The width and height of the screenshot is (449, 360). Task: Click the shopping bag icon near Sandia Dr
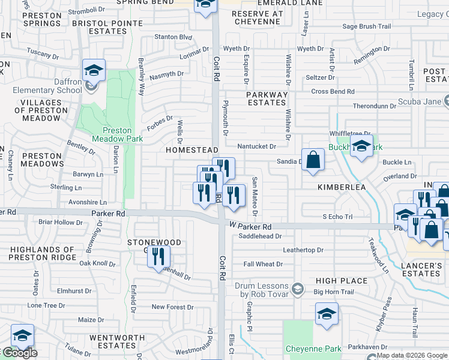coord(313,160)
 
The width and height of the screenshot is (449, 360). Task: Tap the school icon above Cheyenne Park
coord(327,314)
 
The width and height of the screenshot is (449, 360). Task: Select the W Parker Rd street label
coord(251,227)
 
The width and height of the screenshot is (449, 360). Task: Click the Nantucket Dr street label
coord(256,146)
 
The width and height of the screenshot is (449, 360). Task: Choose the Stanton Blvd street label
coord(173,37)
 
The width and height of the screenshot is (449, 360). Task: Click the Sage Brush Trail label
coord(366,26)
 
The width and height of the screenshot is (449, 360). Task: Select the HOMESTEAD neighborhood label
coord(191,149)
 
